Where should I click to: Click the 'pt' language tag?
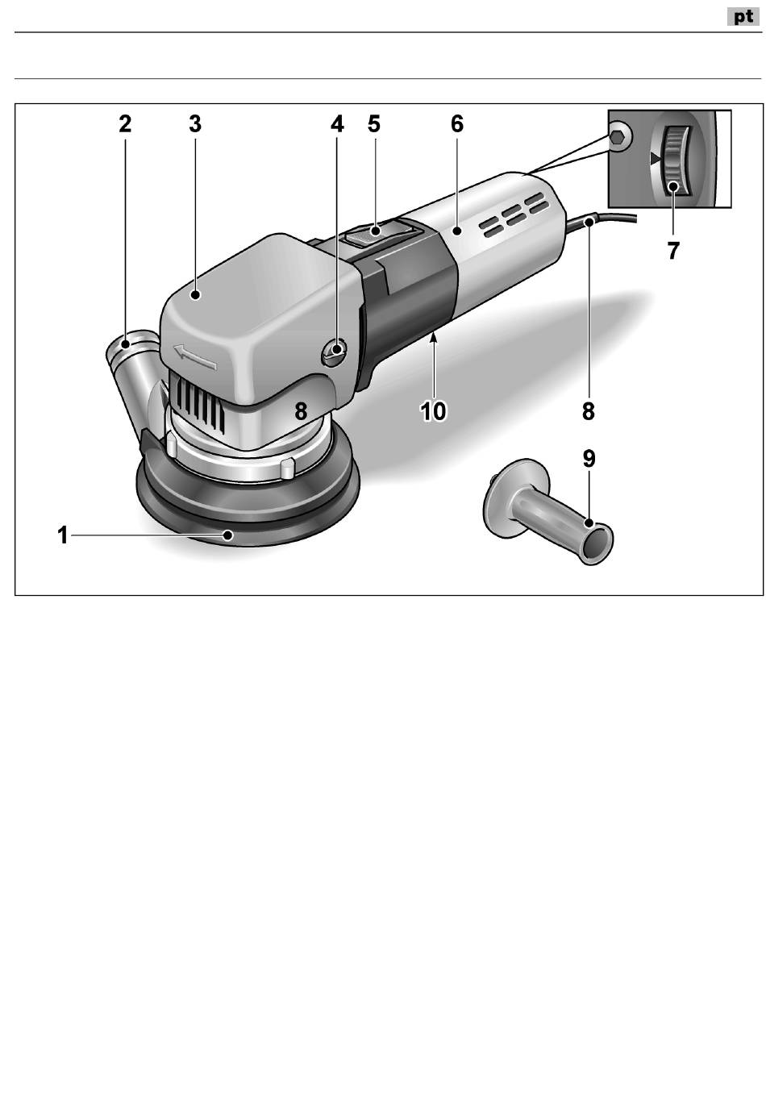click(743, 17)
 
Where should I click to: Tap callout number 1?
click(62, 535)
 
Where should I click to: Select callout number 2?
click(124, 124)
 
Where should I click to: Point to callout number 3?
click(195, 124)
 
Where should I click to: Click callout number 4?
click(337, 124)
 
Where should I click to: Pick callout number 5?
click(373, 124)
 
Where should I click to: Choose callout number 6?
click(457, 124)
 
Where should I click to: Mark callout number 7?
click(672, 251)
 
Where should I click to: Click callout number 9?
click(589, 459)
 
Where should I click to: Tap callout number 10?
click(433, 411)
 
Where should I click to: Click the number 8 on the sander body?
click(301, 411)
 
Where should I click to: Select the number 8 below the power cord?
click(589, 411)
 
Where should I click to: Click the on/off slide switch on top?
click(375, 235)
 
